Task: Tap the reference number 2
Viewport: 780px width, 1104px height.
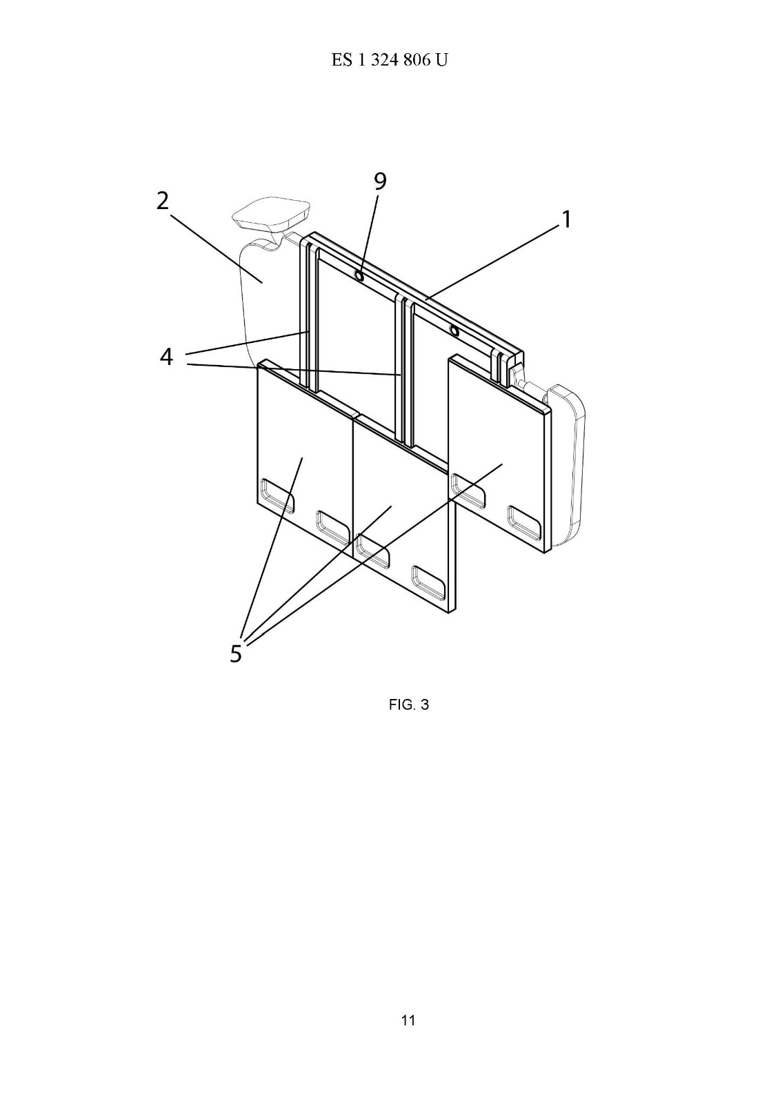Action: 163,201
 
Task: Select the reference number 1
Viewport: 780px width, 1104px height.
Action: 567,219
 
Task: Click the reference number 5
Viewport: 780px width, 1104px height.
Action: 236,653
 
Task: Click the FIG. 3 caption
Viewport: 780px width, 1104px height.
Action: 408,704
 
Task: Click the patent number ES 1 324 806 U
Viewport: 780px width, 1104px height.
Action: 389,59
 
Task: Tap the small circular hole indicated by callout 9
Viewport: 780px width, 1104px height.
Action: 360,276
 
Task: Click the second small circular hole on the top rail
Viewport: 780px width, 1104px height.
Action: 454,331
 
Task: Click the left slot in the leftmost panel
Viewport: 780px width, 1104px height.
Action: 277,495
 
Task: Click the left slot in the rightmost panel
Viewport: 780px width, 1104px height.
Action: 468,491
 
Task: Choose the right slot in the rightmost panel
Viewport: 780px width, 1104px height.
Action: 524,521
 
